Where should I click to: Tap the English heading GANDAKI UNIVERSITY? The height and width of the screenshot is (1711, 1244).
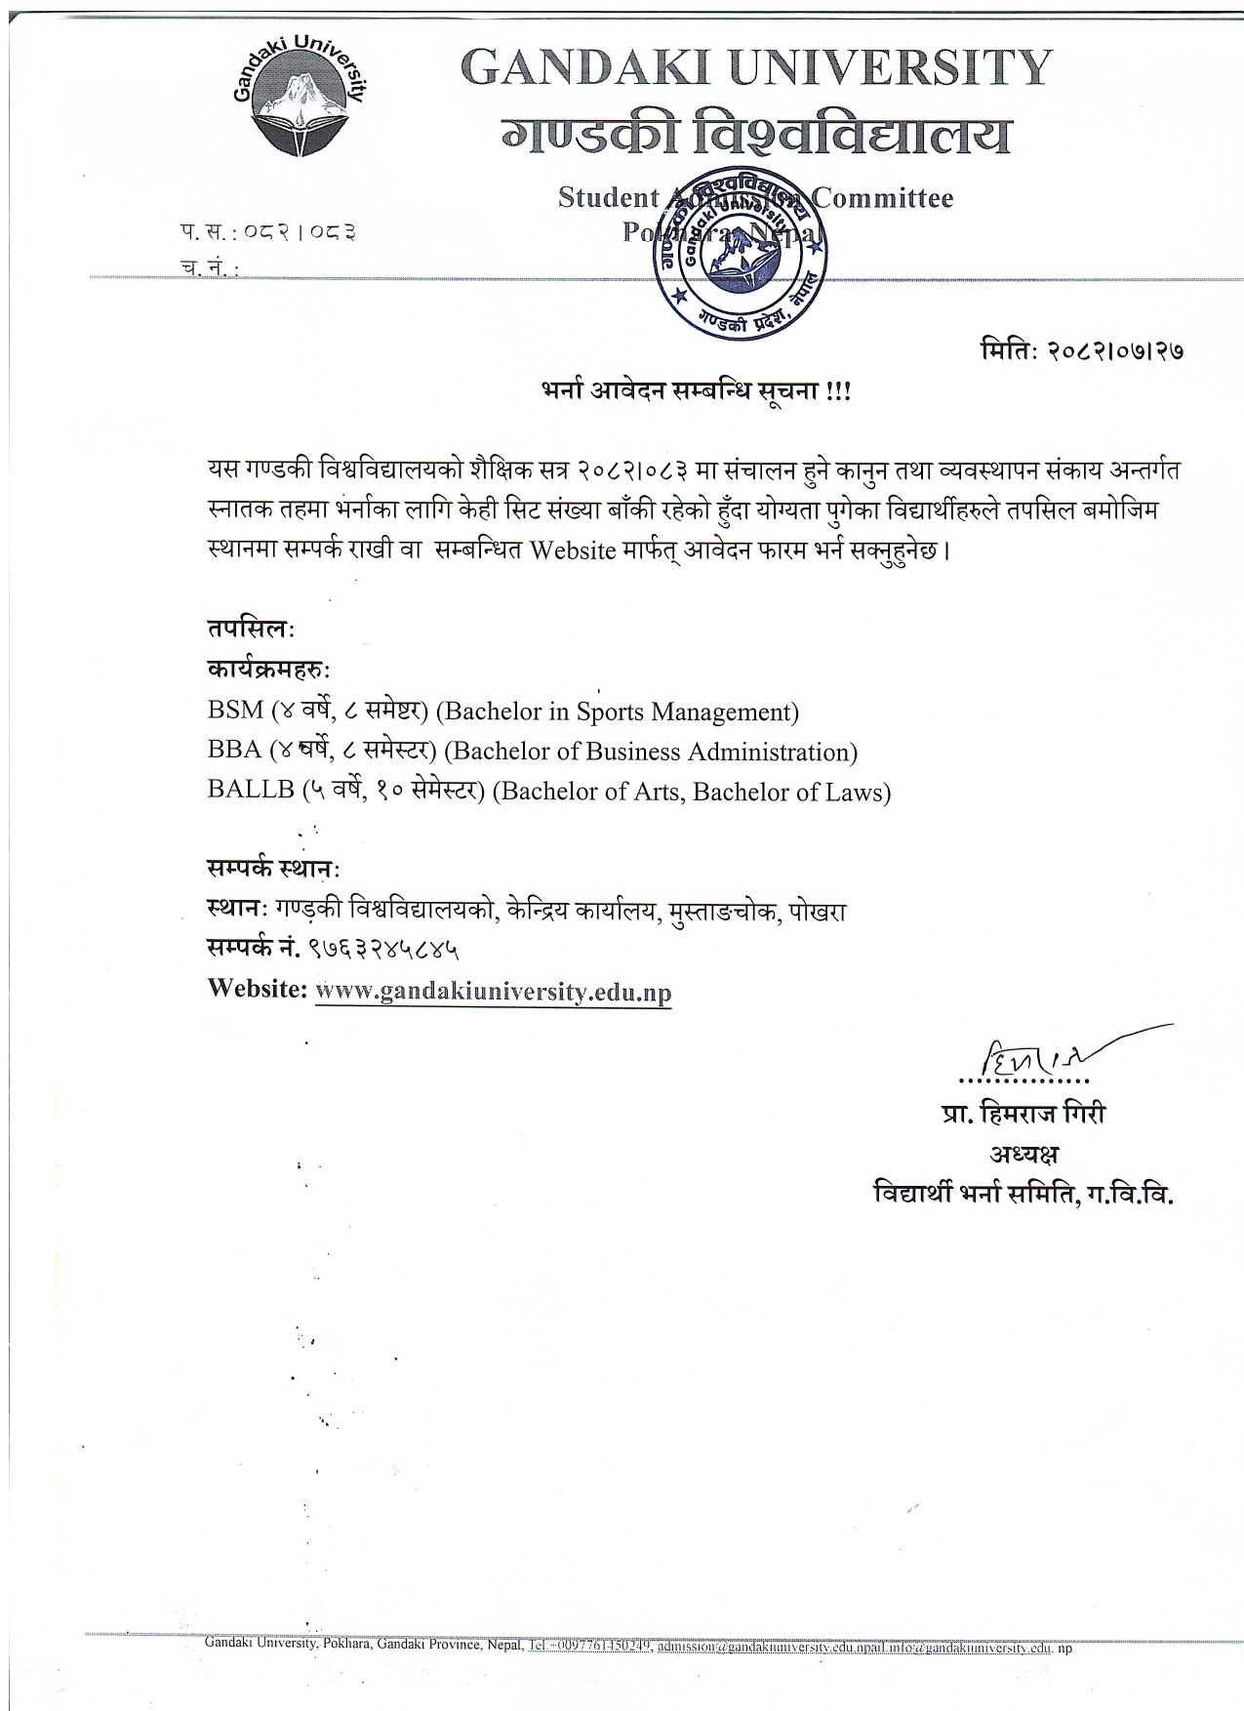(x=755, y=68)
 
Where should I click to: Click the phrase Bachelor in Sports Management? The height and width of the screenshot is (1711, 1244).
(x=617, y=712)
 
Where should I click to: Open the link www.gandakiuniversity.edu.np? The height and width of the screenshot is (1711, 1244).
(x=494, y=992)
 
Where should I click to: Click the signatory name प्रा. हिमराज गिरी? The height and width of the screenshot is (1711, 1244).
(x=1024, y=1114)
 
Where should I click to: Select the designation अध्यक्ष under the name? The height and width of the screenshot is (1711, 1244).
(x=1024, y=1154)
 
